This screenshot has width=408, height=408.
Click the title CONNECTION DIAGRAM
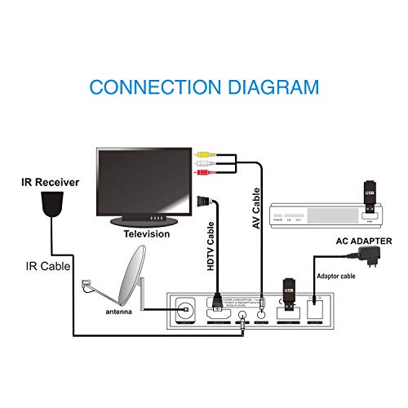click(204, 86)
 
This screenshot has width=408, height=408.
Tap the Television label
click(146, 234)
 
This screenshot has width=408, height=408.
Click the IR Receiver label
click(50, 183)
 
